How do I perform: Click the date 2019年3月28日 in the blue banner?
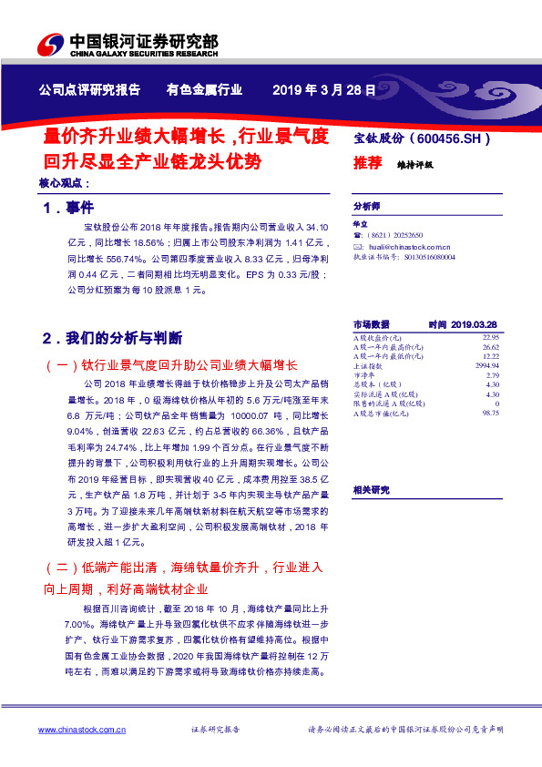click(311, 89)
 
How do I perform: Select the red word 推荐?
click(367, 163)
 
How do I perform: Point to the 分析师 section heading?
click(366, 207)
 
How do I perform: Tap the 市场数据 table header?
click(371, 324)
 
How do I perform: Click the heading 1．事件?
click(68, 209)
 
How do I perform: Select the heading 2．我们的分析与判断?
click(112, 338)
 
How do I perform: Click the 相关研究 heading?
click(371, 490)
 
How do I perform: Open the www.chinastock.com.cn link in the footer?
click(82, 730)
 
